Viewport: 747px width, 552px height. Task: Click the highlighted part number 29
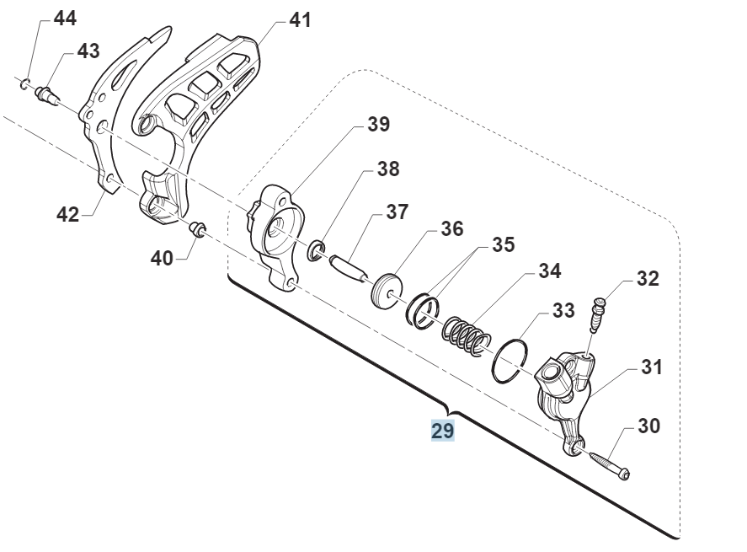[443, 431]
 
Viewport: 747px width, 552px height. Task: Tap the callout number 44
[64, 17]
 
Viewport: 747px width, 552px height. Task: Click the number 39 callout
[378, 125]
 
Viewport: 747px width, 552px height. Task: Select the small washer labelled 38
[317, 249]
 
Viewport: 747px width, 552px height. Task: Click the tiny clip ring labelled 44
[27, 81]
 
